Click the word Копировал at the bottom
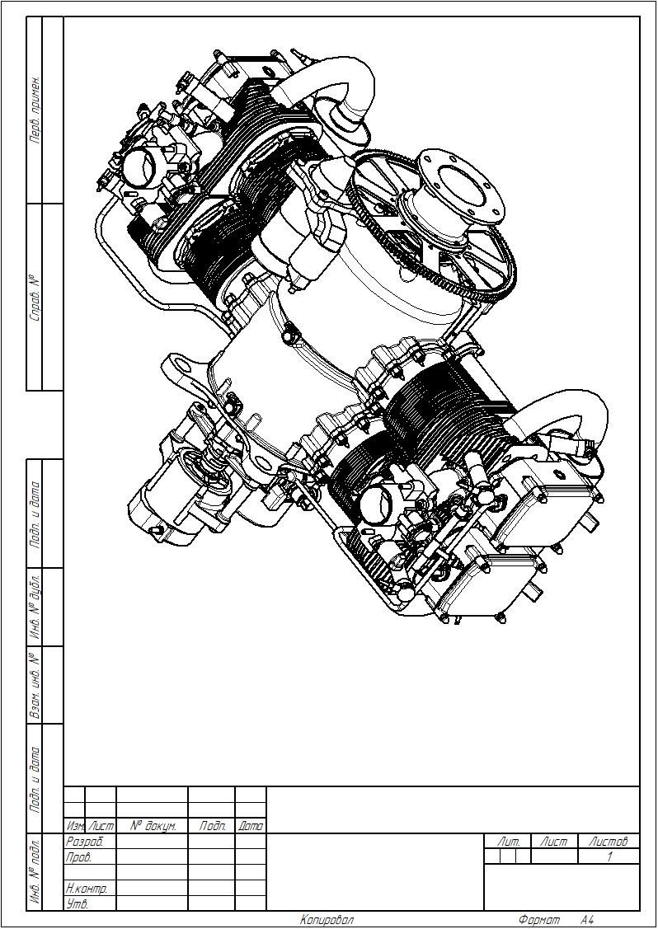click(x=327, y=920)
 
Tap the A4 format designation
click(x=587, y=920)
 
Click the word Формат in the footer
click(x=538, y=920)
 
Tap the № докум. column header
click(x=152, y=825)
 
